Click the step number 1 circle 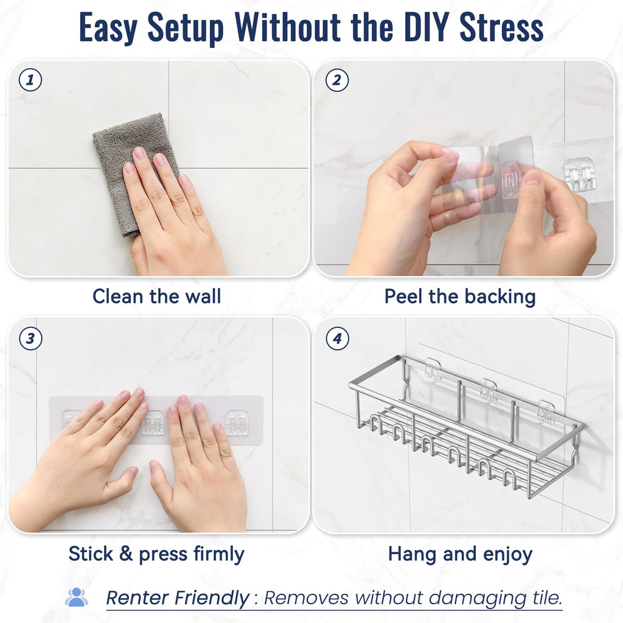pos(30,80)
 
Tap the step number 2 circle pos(337,80)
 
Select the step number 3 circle pos(30,338)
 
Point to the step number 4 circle pos(337,338)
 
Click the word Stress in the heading pos(501,27)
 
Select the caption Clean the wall pos(156,296)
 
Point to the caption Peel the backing pos(460,297)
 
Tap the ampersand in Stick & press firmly pos(125,554)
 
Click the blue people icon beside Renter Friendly pos(76,597)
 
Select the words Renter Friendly pos(177,598)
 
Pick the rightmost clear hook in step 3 pos(237,423)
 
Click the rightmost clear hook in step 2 pos(578,175)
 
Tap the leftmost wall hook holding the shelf pos(433,369)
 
